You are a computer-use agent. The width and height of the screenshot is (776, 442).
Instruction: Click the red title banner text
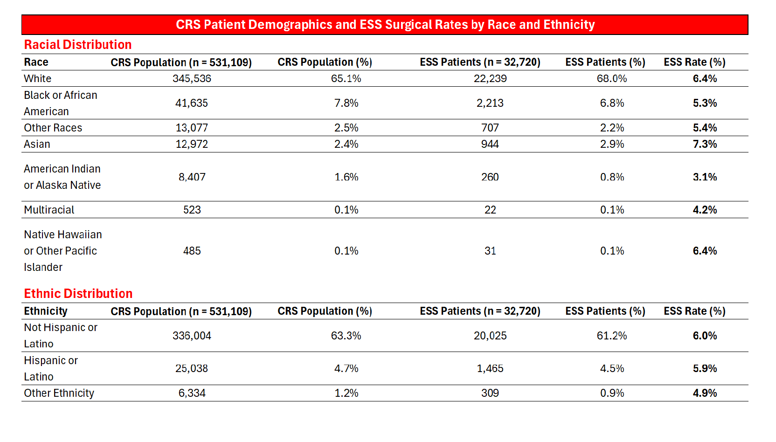click(x=385, y=25)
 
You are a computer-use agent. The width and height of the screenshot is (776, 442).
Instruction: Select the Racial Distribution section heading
click(x=78, y=45)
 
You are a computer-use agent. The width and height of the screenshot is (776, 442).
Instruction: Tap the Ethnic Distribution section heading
click(x=78, y=294)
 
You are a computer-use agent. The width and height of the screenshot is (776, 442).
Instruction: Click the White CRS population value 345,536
click(x=192, y=78)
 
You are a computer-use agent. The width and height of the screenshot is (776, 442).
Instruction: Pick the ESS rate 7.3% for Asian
click(x=705, y=144)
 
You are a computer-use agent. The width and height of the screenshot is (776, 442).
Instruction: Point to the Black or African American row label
click(x=60, y=103)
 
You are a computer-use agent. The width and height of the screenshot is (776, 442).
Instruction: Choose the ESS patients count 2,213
click(x=490, y=103)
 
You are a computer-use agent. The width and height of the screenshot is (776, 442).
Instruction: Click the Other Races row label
click(x=53, y=128)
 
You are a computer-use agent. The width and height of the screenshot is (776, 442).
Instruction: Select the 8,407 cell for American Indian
click(x=192, y=177)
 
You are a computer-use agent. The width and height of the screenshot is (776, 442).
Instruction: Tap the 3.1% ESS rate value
click(x=705, y=177)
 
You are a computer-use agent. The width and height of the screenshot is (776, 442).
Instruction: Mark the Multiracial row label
click(x=49, y=210)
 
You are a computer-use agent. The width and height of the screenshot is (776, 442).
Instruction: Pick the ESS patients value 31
click(x=490, y=251)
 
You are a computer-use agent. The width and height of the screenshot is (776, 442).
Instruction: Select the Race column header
click(x=36, y=62)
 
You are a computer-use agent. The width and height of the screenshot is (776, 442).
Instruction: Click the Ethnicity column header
click(x=46, y=311)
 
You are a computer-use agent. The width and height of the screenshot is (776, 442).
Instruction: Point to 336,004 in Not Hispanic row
click(x=192, y=336)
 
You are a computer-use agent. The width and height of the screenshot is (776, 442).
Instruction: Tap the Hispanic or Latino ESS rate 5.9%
click(x=705, y=368)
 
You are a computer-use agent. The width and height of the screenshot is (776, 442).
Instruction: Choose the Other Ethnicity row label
click(x=59, y=393)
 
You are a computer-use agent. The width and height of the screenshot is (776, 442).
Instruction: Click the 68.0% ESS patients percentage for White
click(x=611, y=78)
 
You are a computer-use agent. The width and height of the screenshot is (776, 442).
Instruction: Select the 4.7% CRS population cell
click(x=346, y=368)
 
